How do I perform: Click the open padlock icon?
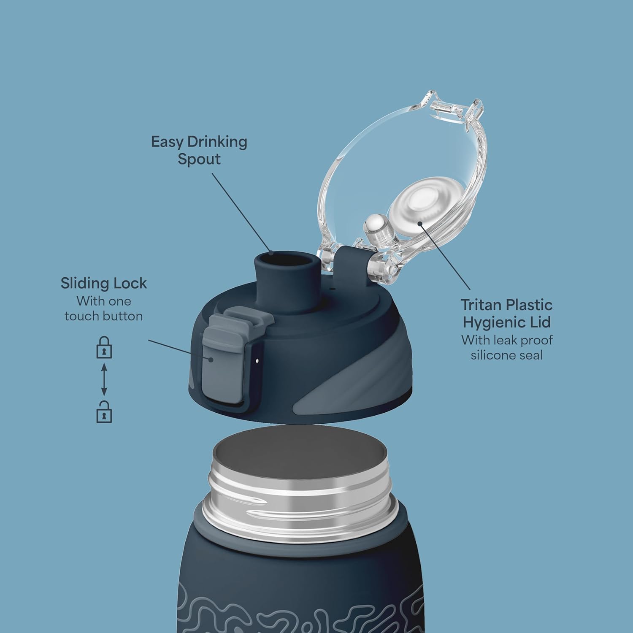point(104,411)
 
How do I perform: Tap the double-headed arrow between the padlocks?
point(104,380)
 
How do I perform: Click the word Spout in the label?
point(199,160)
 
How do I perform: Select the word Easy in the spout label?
point(168,142)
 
